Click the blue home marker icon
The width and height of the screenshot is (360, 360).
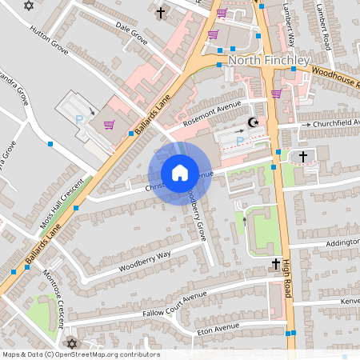(x=179, y=172)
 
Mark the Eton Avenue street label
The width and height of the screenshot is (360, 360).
(x=218, y=327)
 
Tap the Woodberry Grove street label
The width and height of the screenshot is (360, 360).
(x=197, y=211)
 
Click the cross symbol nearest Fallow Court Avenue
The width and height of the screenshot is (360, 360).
(x=275, y=263)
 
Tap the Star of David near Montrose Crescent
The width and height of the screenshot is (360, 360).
(x=70, y=343)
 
